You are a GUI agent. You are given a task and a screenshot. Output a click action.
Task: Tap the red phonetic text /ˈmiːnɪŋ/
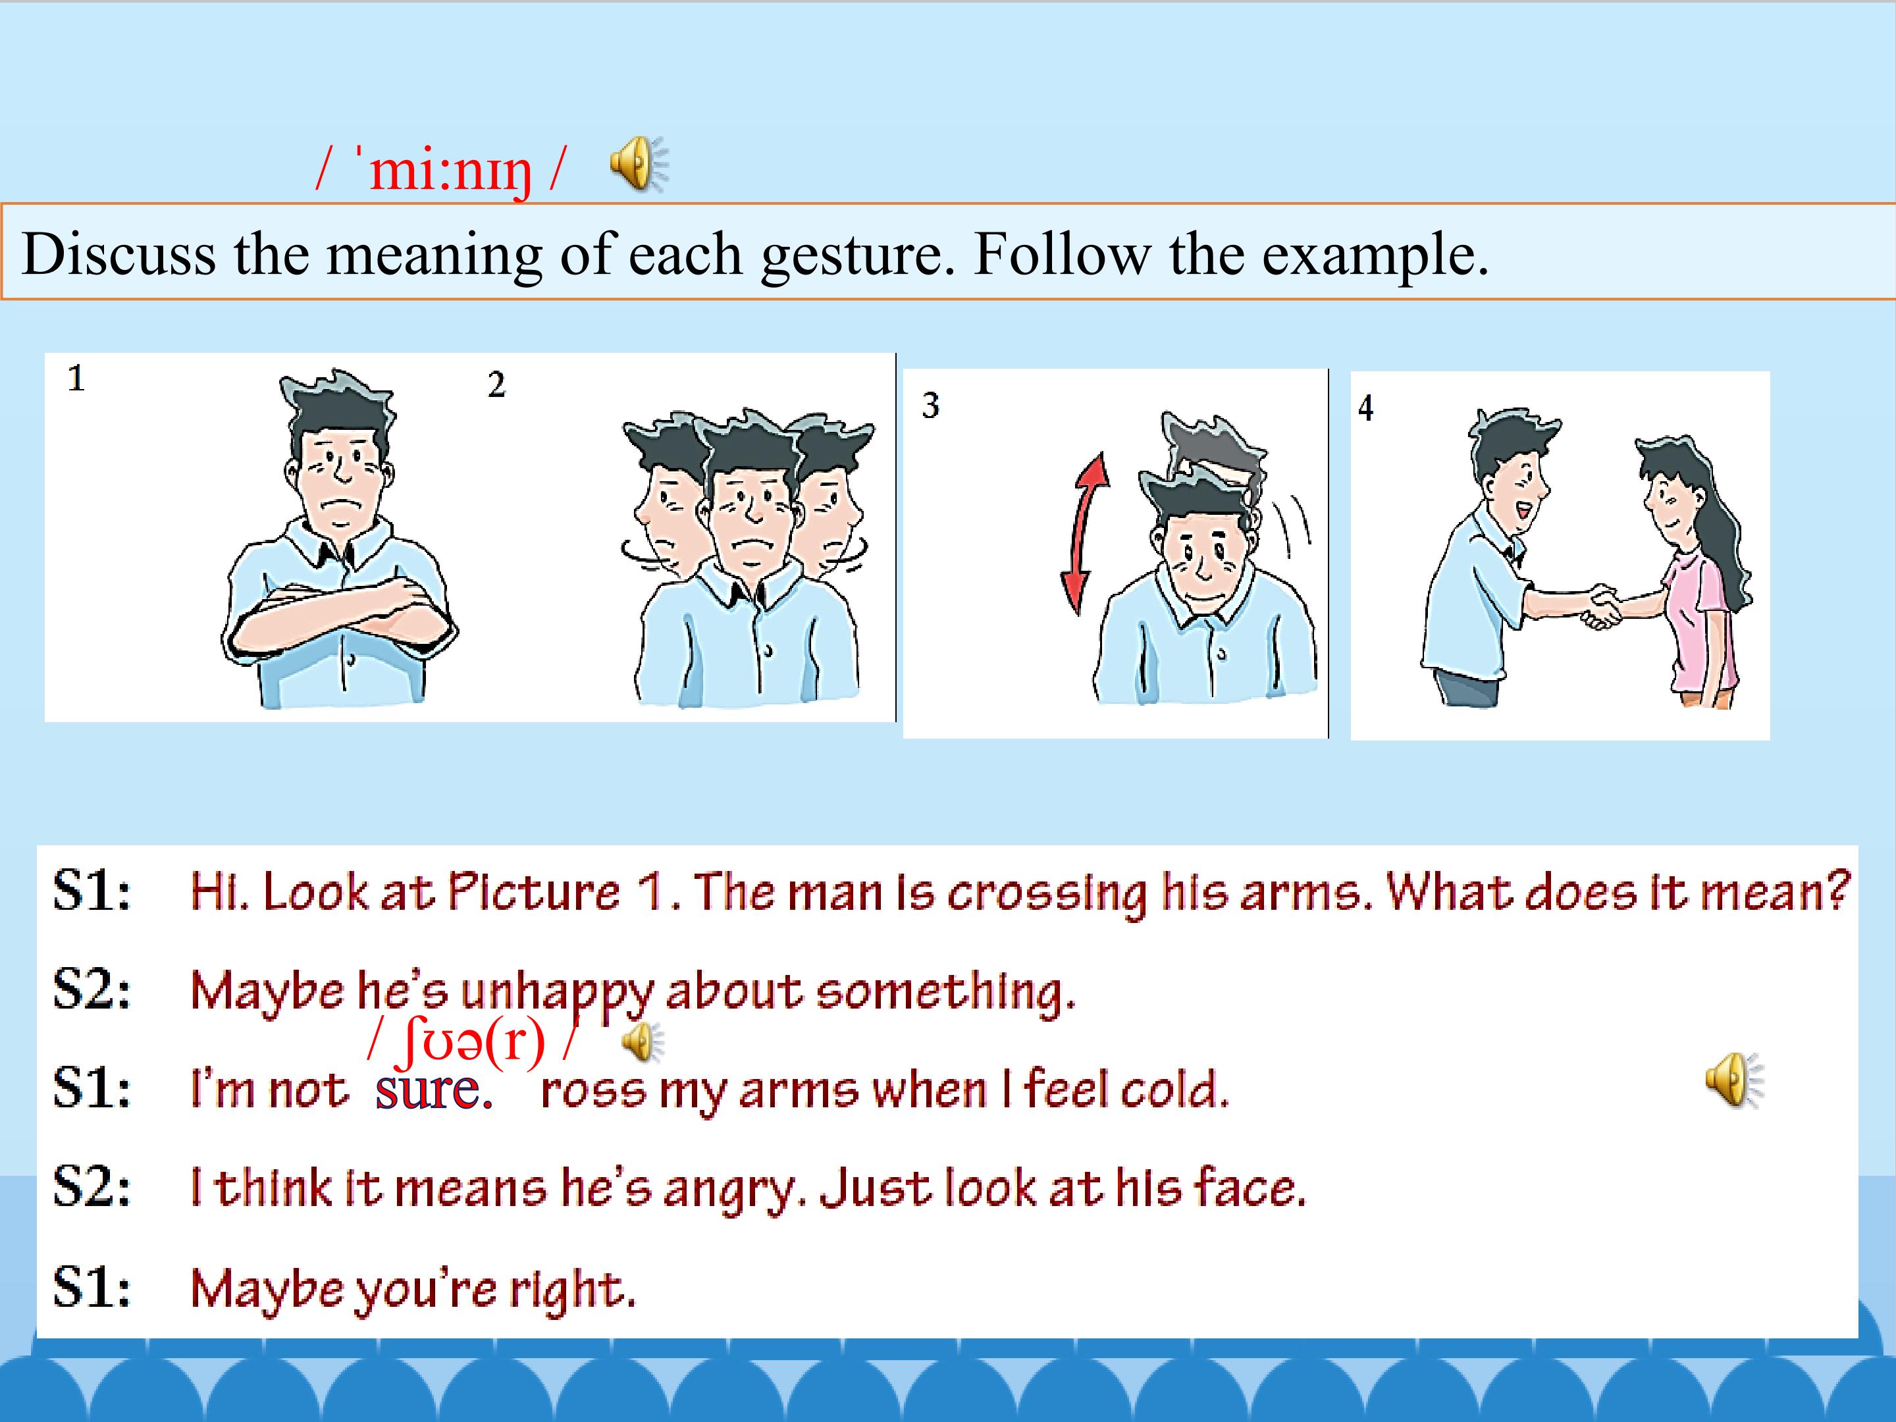point(440,170)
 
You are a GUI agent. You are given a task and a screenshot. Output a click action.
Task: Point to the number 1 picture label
point(76,378)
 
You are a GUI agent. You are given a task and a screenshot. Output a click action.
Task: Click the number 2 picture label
point(496,385)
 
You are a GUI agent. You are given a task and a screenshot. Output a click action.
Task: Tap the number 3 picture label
point(930,405)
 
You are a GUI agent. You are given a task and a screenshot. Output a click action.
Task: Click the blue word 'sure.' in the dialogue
point(434,1090)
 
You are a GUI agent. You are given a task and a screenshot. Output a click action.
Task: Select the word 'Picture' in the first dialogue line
point(534,891)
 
